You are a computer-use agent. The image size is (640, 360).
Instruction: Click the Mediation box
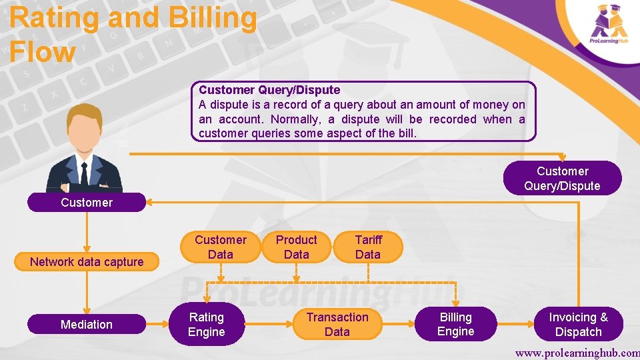pyautogui.click(x=86, y=325)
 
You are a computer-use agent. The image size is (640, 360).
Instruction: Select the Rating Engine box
pyautogui.click(x=206, y=325)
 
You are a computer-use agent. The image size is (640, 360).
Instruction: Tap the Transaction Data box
pyautogui.click(x=337, y=325)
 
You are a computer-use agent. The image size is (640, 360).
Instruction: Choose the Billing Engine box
pyautogui.click(x=455, y=325)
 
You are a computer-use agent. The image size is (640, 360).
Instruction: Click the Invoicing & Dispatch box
pyautogui.click(x=578, y=325)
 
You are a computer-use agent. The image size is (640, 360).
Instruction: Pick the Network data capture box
pyautogui.click(x=86, y=262)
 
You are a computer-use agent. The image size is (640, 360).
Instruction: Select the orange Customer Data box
pyautogui.click(x=220, y=247)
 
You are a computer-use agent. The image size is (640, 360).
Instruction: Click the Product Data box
pyautogui.click(x=296, y=247)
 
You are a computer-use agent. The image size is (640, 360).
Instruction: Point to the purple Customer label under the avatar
pyautogui.click(x=86, y=203)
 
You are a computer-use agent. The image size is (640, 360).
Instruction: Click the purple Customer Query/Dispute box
pyautogui.click(x=562, y=179)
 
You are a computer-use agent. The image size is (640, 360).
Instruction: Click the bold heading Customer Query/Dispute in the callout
pyautogui.click(x=269, y=90)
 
